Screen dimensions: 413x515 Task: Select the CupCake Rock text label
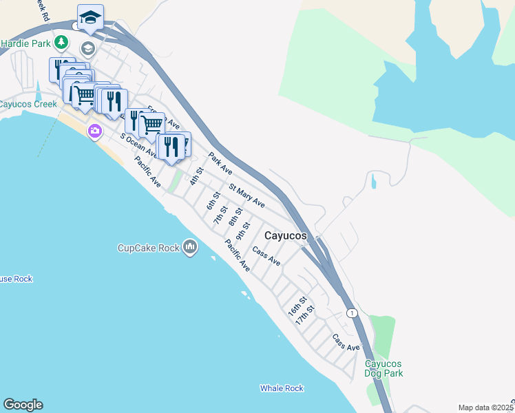coord(149,248)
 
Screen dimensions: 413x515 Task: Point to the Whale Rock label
coord(282,388)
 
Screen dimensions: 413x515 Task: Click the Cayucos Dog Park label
coord(383,368)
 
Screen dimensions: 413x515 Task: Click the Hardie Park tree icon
coord(61,43)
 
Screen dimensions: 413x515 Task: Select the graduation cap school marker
coord(90,17)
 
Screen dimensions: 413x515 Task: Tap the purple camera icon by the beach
coord(94,131)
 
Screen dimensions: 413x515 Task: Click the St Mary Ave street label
coord(247,195)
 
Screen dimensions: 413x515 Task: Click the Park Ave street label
coord(220,162)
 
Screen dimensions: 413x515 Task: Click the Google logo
coord(23,405)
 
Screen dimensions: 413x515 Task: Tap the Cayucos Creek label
coord(28,105)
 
